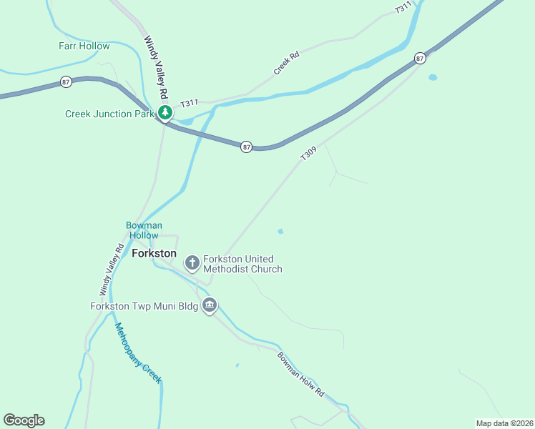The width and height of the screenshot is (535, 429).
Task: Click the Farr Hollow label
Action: point(84,46)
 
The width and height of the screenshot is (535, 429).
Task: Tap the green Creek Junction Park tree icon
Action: point(165,113)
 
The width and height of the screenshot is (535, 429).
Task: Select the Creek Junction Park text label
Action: point(109,114)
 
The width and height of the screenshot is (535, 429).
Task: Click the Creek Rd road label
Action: point(285,63)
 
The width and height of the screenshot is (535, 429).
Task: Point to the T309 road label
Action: point(308,154)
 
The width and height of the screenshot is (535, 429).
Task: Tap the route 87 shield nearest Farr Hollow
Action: point(66,82)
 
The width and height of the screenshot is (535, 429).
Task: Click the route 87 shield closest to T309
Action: point(247,147)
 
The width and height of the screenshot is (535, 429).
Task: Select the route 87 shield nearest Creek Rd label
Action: point(420,58)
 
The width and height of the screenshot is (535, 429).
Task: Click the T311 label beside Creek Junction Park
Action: point(189,104)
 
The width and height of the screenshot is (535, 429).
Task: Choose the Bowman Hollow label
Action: point(144,230)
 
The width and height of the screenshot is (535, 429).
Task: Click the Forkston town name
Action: point(154,253)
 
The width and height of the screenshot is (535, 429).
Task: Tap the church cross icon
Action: point(192,264)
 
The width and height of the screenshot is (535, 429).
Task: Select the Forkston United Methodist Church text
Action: point(242,264)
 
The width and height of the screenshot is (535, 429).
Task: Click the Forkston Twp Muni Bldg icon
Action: point(210,306)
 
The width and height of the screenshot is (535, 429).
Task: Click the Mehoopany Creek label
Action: point(138,352)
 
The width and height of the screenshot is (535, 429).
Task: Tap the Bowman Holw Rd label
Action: point(301,375)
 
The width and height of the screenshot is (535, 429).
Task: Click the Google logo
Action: point(24,420)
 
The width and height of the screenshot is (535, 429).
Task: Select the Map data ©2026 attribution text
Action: point(504,423)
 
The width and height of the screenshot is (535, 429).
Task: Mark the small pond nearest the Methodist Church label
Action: point(280,231)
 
